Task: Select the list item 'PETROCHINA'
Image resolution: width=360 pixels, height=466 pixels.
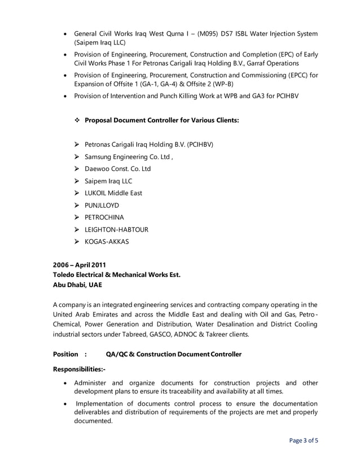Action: click(x=104, y=217)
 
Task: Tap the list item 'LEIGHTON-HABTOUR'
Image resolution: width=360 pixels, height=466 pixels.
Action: click(x=117, y=230)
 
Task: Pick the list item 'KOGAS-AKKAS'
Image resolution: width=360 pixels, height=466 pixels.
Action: click(x=107, y=241)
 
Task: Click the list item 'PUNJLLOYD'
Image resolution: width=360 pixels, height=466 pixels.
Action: click(x=102, y=205)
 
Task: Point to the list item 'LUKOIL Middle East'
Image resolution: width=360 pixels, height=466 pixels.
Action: click(x=113, y=193)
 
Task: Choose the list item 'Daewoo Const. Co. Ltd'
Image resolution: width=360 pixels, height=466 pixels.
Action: click(x=117, y=169)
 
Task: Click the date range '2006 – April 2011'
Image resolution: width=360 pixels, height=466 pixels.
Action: click(x=80, y=265)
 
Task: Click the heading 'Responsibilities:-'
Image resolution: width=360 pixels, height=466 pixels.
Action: click(x=79, y=370)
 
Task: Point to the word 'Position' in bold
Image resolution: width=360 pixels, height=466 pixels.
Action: click(x=65, y=354)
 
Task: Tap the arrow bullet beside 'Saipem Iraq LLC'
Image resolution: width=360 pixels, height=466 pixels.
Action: click(x=78, y=181)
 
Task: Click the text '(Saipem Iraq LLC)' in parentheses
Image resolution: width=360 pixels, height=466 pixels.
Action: click(x=100, y=42)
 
